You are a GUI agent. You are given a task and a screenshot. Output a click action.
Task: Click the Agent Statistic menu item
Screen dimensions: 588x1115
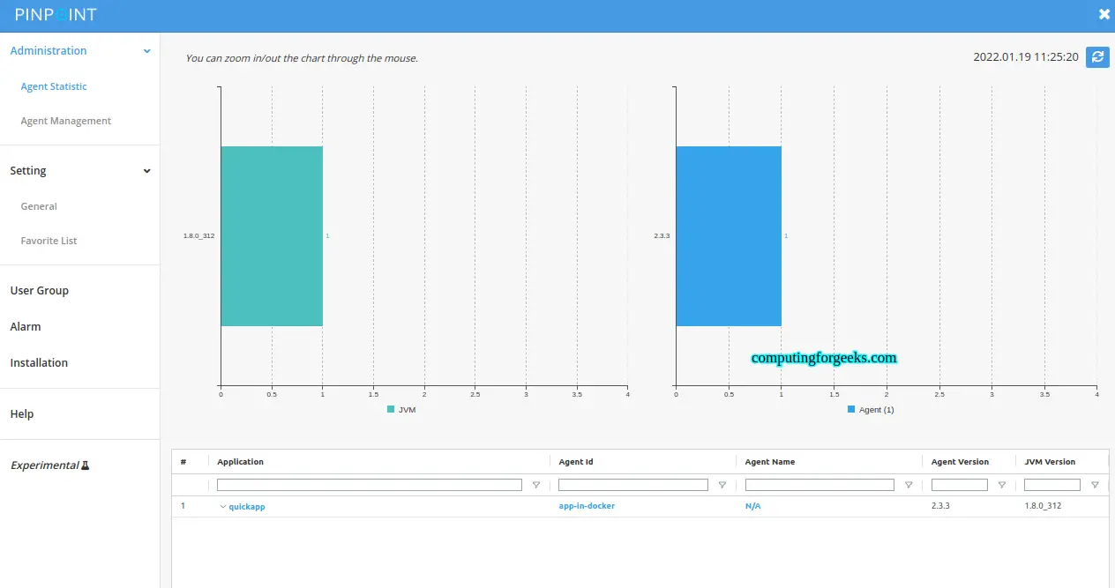click(x=54, y=86)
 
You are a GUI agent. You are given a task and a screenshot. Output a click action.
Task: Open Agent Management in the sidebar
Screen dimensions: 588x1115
click(x=66, y=121)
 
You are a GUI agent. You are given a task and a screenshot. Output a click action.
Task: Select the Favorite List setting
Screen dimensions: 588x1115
click(x=49, y=241)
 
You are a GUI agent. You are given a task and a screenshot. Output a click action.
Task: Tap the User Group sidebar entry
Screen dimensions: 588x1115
click(x=39, y=290)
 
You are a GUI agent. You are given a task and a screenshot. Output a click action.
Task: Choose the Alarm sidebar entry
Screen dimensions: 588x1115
click(x=26, y=326)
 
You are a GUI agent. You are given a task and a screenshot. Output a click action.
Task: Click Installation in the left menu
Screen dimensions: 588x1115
click(x=39, y=362)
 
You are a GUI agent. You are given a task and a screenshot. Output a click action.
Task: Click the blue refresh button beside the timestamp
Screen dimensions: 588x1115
click(x=1097, y=57)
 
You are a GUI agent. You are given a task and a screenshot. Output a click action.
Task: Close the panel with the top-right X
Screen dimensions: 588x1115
click(x=1104, y=14)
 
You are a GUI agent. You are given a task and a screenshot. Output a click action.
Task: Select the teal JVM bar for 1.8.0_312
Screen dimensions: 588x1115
click(x=272, y=236)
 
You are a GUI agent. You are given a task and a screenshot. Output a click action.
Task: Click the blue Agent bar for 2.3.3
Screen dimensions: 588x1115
click(x=729, y=236)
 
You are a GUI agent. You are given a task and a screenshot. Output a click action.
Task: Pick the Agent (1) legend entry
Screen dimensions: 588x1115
click(x=871, y=410)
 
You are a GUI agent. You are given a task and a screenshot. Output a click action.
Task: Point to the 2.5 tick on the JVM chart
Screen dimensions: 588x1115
click(x=475, y=394)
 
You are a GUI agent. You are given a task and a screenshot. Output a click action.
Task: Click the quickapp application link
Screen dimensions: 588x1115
click(x=246, y=506)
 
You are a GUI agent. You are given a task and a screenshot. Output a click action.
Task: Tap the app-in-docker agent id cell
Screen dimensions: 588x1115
click(x=587, y=506)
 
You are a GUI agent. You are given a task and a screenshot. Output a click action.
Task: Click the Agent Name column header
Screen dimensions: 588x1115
click(x=770, y=462)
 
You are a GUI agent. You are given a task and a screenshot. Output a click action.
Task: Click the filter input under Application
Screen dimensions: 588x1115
click(x=369, y=485)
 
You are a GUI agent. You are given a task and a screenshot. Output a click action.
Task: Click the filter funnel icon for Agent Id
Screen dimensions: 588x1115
click(x=722, y=485)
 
